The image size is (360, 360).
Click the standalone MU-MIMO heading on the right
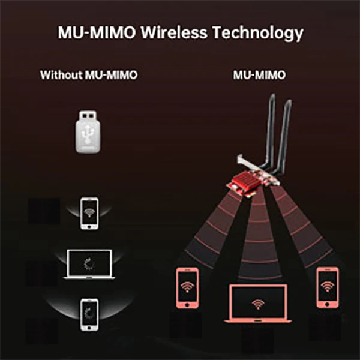(259, 76)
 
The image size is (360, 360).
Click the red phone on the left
(187, 289)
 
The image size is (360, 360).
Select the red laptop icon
(258, 304)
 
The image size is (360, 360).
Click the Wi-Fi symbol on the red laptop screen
(258, 303)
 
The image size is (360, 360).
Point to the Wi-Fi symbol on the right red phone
(328, 286)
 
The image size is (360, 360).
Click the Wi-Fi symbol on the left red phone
(187, 287)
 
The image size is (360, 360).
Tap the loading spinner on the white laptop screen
(88, 263)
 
